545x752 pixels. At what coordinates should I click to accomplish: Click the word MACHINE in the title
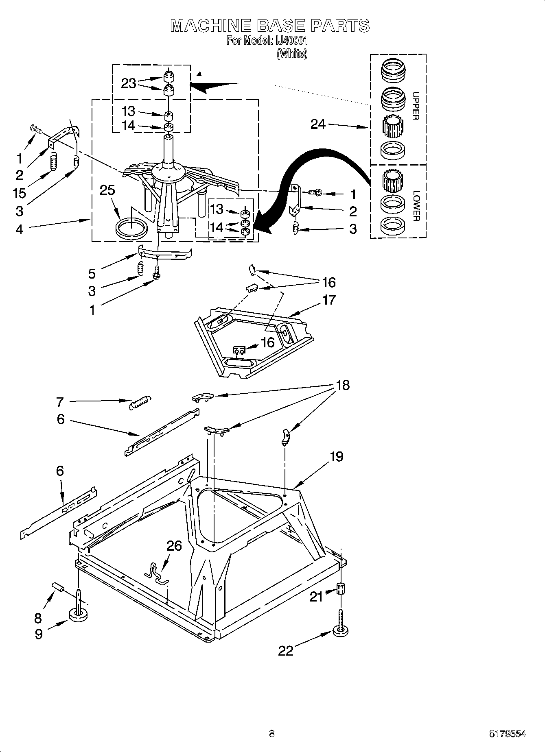[x=210, y=26]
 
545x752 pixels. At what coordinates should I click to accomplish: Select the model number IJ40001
[x=290, y=41]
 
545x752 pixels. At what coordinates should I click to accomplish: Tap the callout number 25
[x=107, y=190]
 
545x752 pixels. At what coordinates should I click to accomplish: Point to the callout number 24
[x=318, y=124]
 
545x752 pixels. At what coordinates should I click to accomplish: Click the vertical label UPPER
[x=415, y=106]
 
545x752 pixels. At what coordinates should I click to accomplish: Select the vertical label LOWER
[x=415, y=206]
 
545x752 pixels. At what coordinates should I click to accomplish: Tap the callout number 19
[x=337, y=456]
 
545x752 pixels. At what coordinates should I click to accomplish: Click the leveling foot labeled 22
[x=341, y=631]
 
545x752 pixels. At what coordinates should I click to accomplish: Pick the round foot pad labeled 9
[x=79, y=615]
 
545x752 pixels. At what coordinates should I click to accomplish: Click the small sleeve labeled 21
[x=341, y=588]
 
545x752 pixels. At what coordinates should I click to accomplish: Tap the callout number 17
[x=329, y=300]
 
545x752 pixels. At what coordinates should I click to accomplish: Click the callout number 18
[x=343, y=385]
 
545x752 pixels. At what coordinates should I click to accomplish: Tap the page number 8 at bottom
[x=272, y=734]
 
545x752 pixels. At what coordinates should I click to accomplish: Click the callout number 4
[x=19, y=230]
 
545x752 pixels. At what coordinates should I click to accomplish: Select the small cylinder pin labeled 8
[x=59, y=587]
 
